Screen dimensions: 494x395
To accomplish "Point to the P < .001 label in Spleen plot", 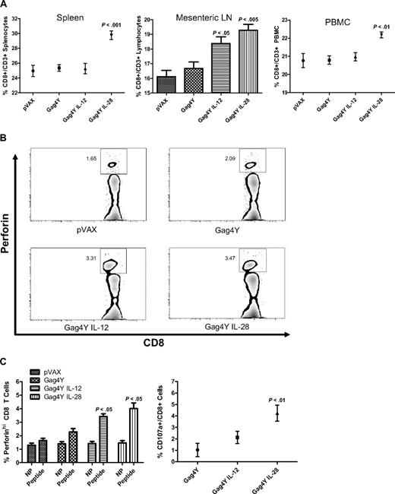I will tap(111, 24).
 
